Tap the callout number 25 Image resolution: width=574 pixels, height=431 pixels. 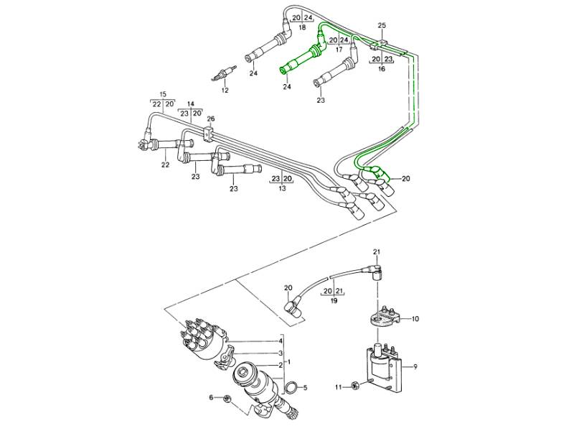382,25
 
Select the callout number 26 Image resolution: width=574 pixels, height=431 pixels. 210,119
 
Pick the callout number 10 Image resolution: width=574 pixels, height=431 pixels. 415,318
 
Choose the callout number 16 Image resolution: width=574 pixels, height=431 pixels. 381,70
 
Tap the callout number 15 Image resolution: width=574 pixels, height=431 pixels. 163,94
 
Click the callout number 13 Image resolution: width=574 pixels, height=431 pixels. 281,188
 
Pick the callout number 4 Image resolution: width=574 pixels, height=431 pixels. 280,341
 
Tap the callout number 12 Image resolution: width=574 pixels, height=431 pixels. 225,91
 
